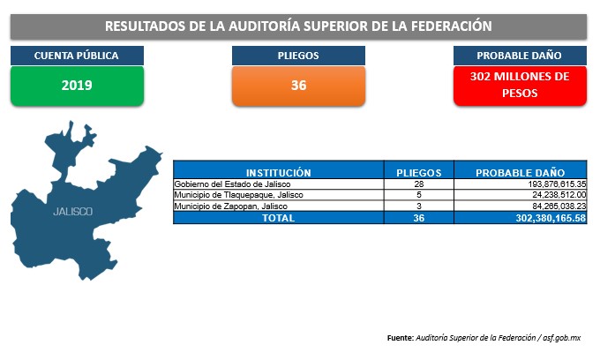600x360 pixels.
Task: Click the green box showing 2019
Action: tap(77, 86)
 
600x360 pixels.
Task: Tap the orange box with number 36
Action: tap(298, 86)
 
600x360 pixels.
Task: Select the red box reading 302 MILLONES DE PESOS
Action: tap(520, 86)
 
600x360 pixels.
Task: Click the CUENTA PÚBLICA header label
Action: tap(77, 56)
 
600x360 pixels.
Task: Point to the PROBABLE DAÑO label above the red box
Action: tap(519, 56)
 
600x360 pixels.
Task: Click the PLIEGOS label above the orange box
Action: tap(298, 56)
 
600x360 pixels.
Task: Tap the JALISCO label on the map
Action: tap(72, 212)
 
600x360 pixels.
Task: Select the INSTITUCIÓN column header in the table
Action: tap(278, 173)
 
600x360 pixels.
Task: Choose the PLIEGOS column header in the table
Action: tap(418, 173)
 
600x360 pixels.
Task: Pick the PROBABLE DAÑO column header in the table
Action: tap(520, 173)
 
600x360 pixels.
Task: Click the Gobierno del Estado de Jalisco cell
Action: tap(232, 184)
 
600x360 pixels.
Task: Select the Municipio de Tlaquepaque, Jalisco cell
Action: tap(238, 195)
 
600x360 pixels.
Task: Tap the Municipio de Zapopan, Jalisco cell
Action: tap(230, 206)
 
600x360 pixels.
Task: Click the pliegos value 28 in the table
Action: tap(418, 184)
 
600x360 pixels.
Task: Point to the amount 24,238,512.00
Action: tap(559, 195)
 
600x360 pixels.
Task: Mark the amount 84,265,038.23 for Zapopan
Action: tap(559, 206)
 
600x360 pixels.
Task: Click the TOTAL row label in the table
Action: tap(278, 218)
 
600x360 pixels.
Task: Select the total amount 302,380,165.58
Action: tap(551, 218)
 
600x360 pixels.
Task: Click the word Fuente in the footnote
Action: tap(401, 338)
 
